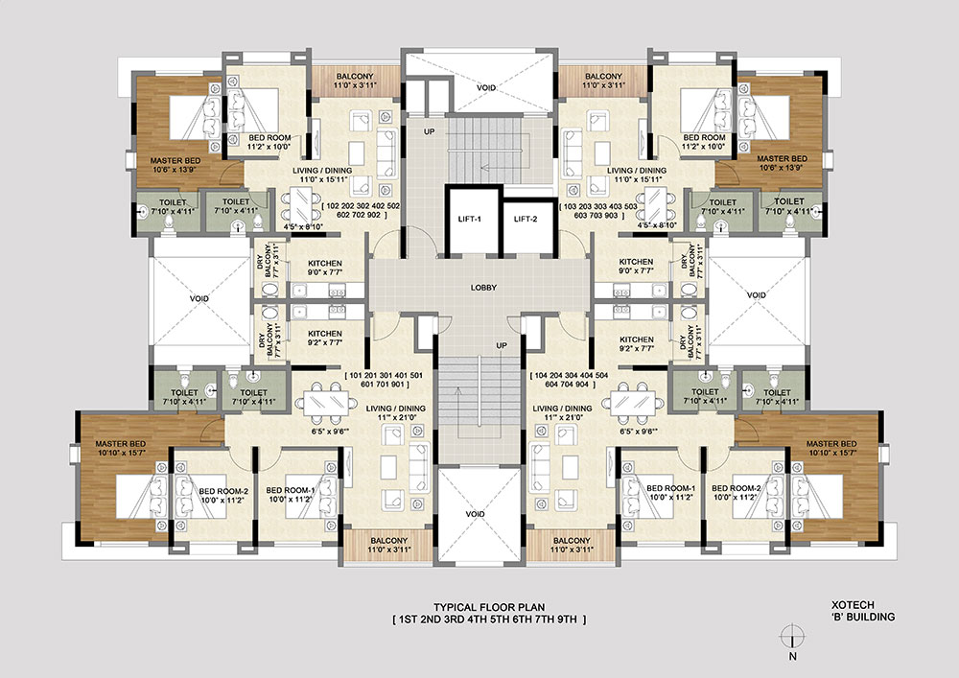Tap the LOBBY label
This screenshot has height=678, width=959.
pos(483,288)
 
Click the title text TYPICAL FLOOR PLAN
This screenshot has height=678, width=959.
pos(489,607)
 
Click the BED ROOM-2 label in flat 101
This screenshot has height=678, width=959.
pos(223,491)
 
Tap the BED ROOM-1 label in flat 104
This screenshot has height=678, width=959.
pos(671,488)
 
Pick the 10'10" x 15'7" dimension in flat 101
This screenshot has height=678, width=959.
pos(121,453)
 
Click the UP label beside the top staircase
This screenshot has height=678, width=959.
pos(430,131)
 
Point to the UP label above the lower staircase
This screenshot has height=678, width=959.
pos(502,346)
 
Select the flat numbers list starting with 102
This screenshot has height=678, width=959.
pos(360,211)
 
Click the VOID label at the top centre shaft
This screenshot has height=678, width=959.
pos(486,88)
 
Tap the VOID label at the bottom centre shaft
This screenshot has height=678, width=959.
pos(476,514)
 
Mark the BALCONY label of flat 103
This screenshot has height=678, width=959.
pos(603,77)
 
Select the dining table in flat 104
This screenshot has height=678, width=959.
pos(633,402)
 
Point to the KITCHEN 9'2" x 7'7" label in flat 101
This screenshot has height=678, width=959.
pos(325,338)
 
